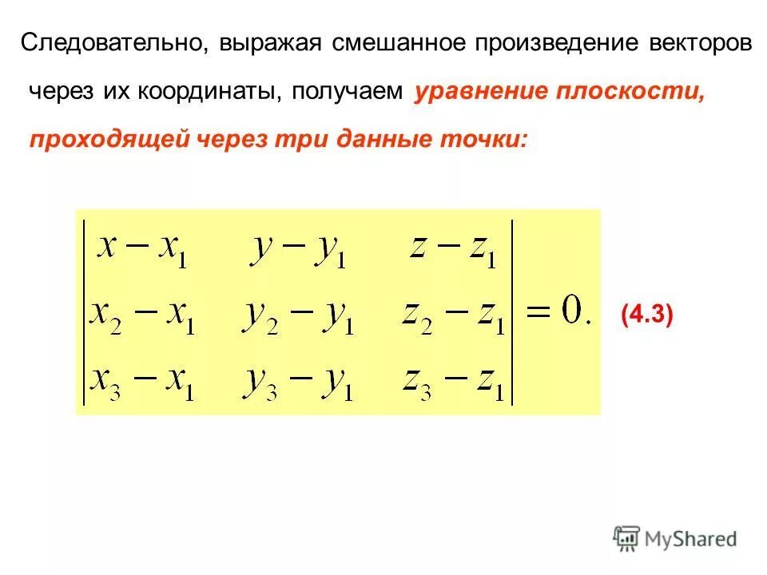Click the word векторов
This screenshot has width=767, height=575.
tap(696, 43)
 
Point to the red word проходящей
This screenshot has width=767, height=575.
tap(109, 140)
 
